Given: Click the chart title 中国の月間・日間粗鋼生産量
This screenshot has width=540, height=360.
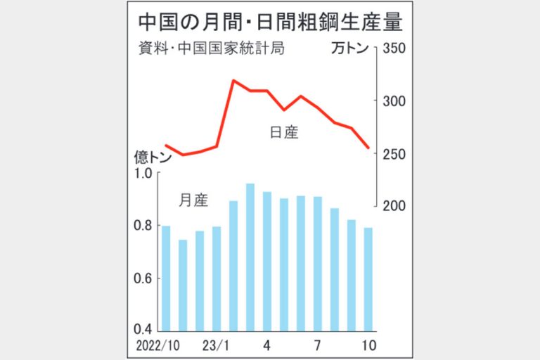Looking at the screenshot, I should point(270,22).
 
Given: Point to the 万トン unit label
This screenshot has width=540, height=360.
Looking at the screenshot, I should point(351,50).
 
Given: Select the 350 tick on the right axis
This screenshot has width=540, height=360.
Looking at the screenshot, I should point(394,50).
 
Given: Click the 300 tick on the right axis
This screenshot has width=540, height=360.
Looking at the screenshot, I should point(394,102).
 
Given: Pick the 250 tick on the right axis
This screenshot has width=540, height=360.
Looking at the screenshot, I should point(394,154).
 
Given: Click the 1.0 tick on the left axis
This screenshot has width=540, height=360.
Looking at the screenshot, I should point(143,174).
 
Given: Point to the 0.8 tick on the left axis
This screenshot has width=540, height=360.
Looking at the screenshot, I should point(143,226).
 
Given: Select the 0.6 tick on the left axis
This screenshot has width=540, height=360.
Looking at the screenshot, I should point(143,278).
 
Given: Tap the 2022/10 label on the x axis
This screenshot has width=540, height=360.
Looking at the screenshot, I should point(156,346).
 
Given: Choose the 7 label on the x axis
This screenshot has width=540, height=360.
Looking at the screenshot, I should point(318,346).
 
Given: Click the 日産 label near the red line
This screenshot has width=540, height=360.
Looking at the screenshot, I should point(284,132).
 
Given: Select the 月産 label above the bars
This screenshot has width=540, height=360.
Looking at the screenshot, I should point(193,200).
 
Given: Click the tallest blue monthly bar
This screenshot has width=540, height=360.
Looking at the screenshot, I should point(250,257).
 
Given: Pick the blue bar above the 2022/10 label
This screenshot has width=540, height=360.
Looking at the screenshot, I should point(166,278).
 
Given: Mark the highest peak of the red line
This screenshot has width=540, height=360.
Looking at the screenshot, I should point(233,81).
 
